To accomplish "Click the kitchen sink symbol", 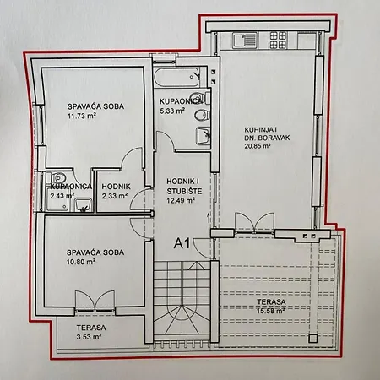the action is (244, 40).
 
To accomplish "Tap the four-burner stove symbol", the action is (278, 40).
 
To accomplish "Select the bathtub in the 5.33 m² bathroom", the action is (177, 77).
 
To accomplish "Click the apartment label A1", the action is (182, 243).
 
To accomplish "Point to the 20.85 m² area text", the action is (258, 146).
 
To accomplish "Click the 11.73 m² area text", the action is (82, 116).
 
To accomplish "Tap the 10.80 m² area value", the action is (81, 262).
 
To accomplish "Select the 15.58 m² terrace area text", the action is (271, 311).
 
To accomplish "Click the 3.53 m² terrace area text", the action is (89, 337).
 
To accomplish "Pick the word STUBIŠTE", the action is (184, 192).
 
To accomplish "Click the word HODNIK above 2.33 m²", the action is (117, 187).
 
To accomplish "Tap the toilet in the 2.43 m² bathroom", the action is (57, 177).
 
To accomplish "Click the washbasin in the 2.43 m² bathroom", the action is (83, 204).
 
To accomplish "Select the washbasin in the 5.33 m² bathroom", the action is (204, 136).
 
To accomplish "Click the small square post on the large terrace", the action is (312, 338).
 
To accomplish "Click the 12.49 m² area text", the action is (181, 200).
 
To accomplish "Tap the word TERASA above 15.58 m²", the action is (271, 302).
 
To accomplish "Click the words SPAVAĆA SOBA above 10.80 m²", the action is (95, 252).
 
